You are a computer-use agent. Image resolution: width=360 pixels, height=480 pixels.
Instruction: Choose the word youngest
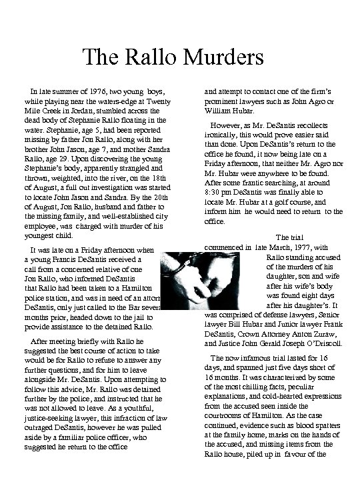click(40, 235)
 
